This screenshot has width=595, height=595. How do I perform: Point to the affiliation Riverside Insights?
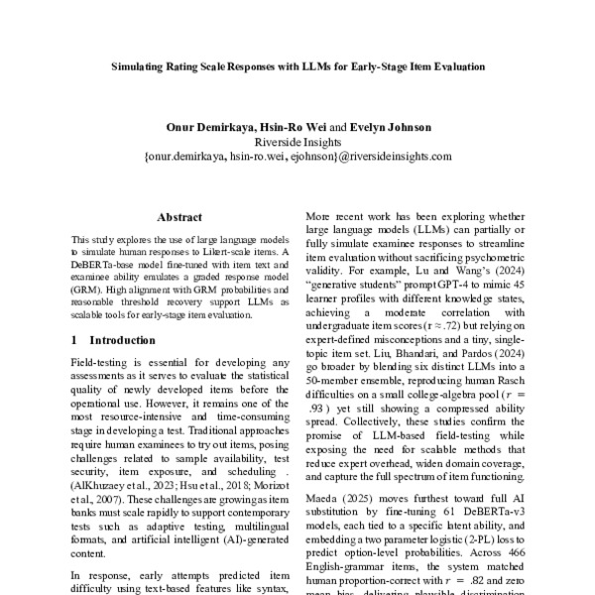(x=297, y=142)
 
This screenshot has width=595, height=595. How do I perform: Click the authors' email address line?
(x=297, y=156)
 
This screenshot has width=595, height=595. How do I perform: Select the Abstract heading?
(x=179, y=217)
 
